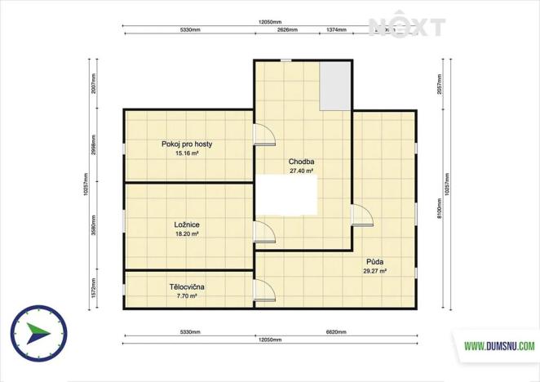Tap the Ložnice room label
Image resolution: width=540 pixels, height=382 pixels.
[187, 224]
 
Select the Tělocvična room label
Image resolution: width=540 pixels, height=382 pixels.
[187, 286]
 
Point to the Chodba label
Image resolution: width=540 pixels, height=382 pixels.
[302, 162]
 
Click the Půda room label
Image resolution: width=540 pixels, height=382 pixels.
[374, 261]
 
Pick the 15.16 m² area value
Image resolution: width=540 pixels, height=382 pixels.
[187, 153]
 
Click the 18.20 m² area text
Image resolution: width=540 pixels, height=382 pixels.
[187, 233]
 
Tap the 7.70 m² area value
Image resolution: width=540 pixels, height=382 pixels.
[187, 295]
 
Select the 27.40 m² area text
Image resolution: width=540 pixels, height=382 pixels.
[302, 171]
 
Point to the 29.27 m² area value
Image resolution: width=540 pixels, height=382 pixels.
[374, 270]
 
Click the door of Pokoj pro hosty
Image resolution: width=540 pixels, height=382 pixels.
[263, 135]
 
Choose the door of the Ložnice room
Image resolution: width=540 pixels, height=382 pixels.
[263, 232]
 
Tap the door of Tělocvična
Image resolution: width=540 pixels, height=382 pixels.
[263, 291]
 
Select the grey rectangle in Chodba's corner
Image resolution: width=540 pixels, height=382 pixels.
[334, 85]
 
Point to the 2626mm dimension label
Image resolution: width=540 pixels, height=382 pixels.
[285, 29]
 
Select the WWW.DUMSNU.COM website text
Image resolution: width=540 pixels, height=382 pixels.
[499, 346]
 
